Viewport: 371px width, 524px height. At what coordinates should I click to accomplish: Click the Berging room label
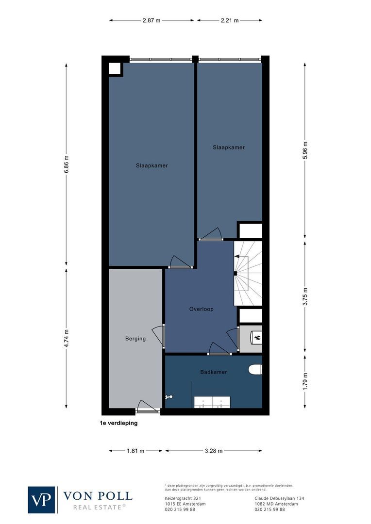pos(135,339)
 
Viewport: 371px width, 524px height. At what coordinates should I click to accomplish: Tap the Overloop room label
pos(201,309)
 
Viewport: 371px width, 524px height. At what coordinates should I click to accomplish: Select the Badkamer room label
pos(214,372)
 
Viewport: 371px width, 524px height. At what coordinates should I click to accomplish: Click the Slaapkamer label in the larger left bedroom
pos(152,165)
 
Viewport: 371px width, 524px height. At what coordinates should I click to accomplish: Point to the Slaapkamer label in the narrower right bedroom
pos(228,147)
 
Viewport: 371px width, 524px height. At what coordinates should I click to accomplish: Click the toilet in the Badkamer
pos(255,370)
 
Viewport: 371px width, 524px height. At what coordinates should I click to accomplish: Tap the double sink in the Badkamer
pos(212,402)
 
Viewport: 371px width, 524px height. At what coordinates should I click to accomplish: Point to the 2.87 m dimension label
pos(152,20)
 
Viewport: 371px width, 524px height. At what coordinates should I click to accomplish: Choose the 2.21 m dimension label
pos(230,20)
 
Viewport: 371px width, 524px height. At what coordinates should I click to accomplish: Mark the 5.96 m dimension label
pos(305,150)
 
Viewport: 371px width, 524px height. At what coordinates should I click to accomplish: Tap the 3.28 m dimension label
pos(213,451)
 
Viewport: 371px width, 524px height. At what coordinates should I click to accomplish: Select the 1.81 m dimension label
pos(135,451)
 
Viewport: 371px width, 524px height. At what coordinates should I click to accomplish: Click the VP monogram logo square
pos(42,500)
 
